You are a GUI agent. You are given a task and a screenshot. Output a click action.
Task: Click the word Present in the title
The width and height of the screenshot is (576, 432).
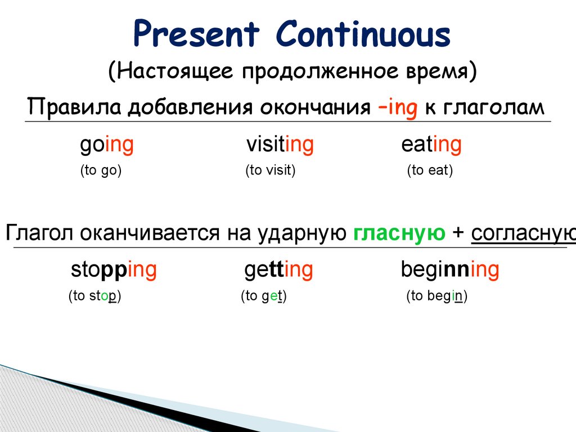(x=196, y=34)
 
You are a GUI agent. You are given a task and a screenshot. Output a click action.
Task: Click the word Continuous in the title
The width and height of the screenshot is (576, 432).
(x=363, y=34)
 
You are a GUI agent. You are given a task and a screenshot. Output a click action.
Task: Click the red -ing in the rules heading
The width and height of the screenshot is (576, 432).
(x=398, y=108)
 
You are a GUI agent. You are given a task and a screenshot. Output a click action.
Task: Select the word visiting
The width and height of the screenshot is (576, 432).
(x=280, y=145)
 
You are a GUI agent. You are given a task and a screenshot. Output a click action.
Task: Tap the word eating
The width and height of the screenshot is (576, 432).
(x=431, y=145)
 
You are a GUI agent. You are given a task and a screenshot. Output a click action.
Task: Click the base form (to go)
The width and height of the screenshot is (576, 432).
(x=101, y=170)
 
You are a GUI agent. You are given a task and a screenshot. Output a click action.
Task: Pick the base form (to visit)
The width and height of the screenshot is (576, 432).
(x=271, y=170)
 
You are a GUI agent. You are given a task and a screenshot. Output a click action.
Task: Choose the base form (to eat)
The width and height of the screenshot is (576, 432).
(x=430, y=170)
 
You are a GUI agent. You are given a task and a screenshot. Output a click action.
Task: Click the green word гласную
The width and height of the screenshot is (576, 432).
(x=399, y=233)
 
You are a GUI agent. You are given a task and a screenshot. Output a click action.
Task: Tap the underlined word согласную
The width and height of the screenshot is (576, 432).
(x=524, y=233)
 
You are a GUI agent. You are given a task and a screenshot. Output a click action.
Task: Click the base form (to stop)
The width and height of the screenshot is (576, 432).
(x=94, y=296)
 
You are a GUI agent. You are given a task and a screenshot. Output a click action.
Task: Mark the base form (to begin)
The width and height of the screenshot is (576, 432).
(x=436, y=296)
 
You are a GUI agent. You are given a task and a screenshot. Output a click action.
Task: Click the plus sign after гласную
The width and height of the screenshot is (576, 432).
(x=458, y=233)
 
